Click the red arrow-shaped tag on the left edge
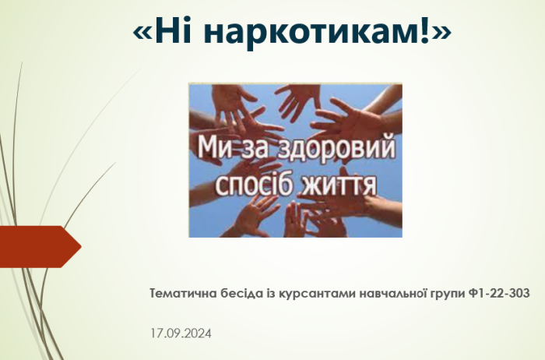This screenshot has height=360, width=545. point(40,246)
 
